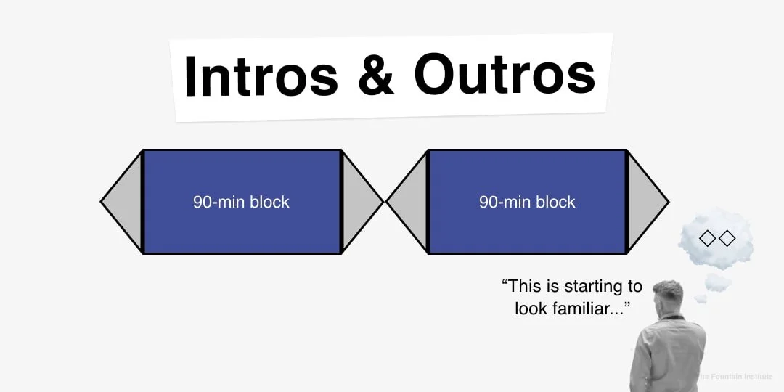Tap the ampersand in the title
377,75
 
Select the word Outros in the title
505,75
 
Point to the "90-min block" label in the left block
241,202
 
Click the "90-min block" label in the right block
527,202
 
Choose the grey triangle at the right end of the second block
644,202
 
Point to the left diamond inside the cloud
706,238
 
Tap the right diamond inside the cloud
727,238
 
